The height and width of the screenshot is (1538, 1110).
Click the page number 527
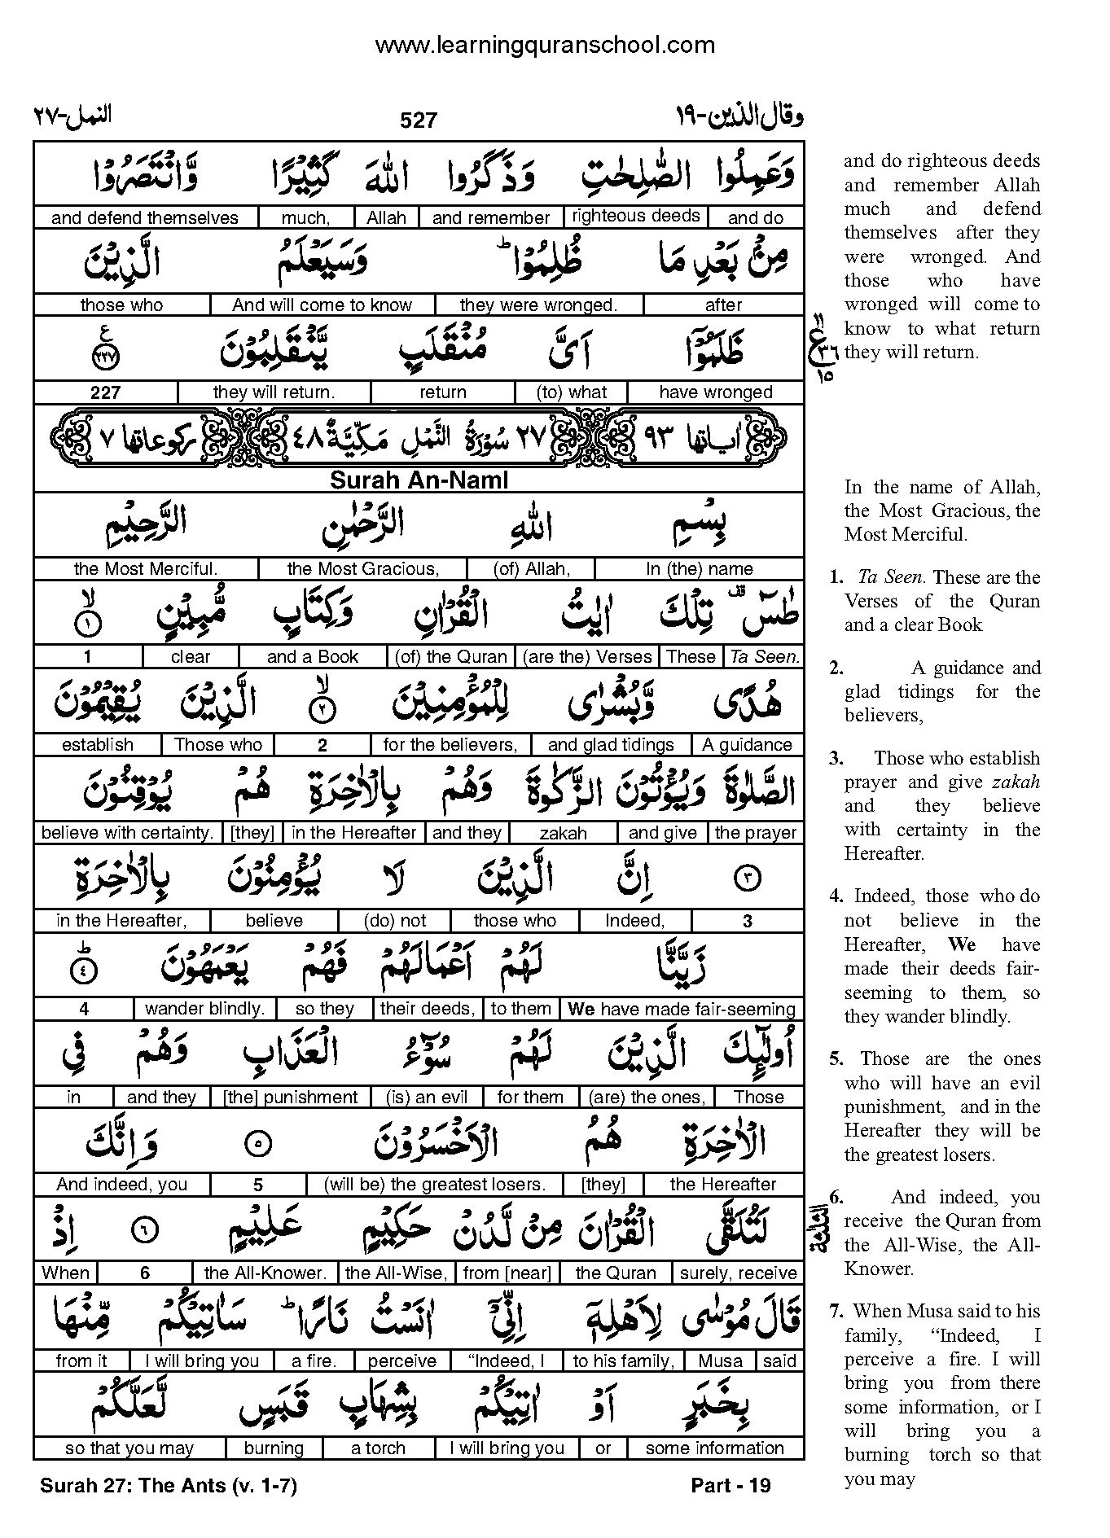(419, 120)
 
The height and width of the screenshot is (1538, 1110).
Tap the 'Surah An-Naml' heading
(419, 480)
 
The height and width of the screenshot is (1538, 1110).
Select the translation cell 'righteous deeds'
(635, 216)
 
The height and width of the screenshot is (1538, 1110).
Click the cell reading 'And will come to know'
(322, 305)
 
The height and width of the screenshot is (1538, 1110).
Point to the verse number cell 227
(105, 392)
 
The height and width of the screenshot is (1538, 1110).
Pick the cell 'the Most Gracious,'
(362, 568)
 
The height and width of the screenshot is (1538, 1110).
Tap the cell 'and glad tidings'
(611, 744)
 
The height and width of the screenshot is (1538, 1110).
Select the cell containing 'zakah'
(563, 833)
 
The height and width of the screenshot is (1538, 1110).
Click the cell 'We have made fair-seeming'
(682, 1009)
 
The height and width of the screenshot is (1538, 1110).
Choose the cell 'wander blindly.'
(204, 1009)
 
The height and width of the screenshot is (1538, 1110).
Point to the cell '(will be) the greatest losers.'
(433, 1185)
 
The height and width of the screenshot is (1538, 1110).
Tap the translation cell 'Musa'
(720, 1361)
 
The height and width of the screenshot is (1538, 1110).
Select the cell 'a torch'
(378, 1448)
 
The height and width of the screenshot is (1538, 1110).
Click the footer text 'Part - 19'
(730, 1485)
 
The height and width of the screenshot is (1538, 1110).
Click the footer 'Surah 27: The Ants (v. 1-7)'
(169, 1485)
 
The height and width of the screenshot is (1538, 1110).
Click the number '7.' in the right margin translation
(837, 1311)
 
